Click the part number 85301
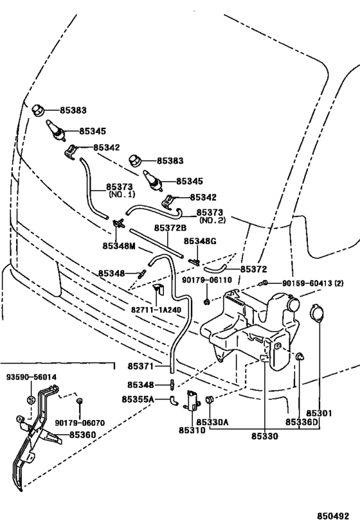319,413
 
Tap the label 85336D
301,422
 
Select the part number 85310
192,430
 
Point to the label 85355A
138,399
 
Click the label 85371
140,366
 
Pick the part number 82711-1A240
156,310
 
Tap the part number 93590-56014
32,377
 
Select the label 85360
83,435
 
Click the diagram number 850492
334,516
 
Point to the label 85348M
119,246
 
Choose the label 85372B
170,228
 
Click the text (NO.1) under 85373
122,194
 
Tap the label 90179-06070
80,423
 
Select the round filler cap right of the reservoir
316,313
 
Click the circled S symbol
31,400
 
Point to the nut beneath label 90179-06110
207,302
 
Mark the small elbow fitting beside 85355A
174,400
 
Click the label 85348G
200,241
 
